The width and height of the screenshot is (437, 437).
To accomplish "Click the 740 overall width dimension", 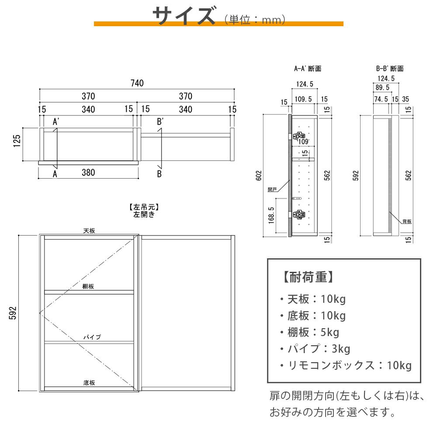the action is coord(137,83).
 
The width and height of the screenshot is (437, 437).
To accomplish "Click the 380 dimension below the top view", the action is coord(88,173).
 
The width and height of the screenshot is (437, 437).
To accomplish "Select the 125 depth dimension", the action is coord(17,141).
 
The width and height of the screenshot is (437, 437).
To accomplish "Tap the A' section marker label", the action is coord(56,121).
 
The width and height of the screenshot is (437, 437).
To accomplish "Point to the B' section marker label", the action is coord(160,121).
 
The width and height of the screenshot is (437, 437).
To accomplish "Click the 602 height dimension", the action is coord(259,176).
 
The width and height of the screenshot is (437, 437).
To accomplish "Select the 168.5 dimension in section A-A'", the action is coord(271,215).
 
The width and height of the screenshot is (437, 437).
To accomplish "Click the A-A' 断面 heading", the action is coord(308,69).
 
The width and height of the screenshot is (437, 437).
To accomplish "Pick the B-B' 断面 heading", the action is coord(390,69).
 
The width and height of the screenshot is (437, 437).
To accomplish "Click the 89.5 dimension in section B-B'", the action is coord(382,87).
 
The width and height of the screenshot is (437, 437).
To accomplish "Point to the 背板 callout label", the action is coord(407,221).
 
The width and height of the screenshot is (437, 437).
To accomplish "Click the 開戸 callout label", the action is coord(272,190).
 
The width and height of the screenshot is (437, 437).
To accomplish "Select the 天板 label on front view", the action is coord(89,231).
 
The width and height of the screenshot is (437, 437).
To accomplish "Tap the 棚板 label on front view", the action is coord(88,286).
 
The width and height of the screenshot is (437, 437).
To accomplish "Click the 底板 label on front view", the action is coord(89,383).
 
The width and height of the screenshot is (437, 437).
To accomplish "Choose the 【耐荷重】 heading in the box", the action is coord(308,277).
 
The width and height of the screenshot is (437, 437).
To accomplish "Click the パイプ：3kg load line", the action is coord(315,349).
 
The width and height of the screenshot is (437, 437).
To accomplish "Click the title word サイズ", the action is coord(184,16).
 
